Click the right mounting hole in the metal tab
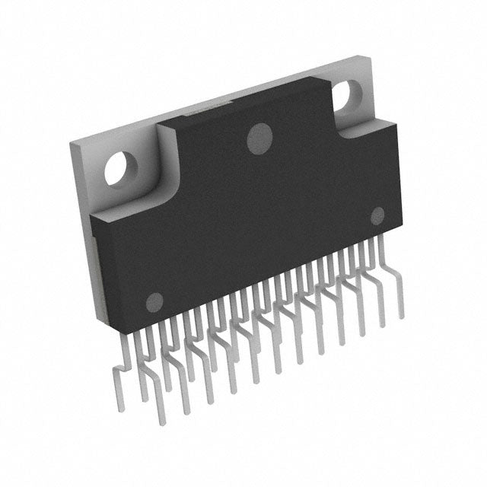click(352, 97)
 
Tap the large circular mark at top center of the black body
click(261, 137)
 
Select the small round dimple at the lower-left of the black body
click(154, 301)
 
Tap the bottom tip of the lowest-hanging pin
click(161, 422)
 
